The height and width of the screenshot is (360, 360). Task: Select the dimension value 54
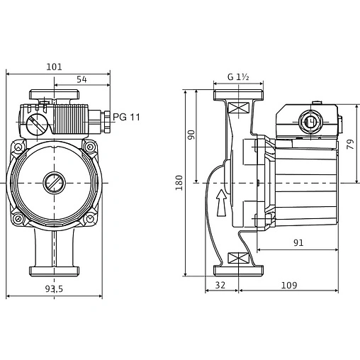pyautogui.click(x=82, y=79)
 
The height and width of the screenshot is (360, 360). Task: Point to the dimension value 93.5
pyautogui.click(x=54, y=288)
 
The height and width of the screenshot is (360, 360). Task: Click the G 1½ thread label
pyautogui.click(x=240, y=77)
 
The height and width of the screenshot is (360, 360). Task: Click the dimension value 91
pyautogui.click(x=298, y=242)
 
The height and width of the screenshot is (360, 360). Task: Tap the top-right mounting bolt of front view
pyautogui.click(x=90, y=147)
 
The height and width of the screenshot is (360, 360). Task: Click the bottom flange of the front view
pyautogui.click(x=54, y=270)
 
